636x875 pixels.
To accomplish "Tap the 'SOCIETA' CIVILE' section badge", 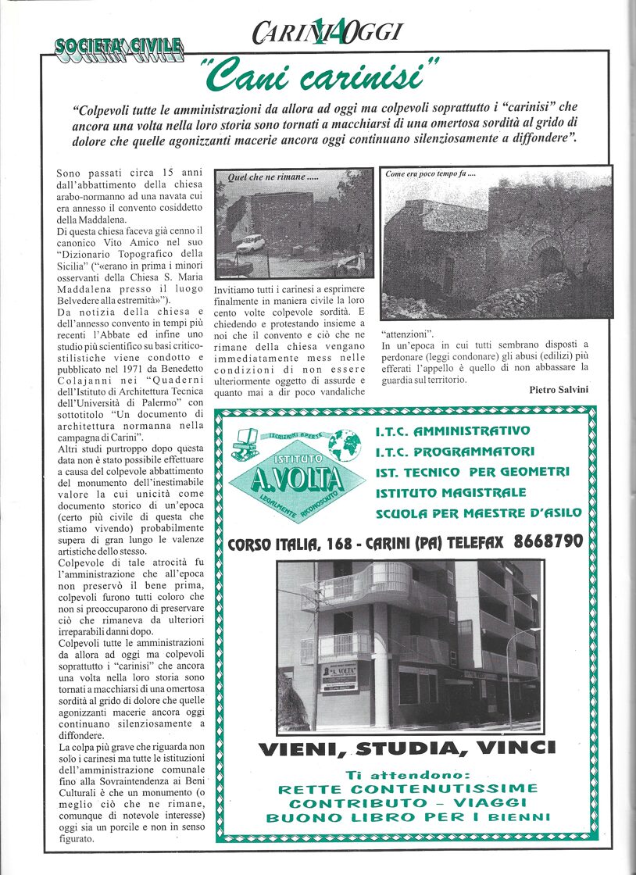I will pyautogui.click(x=118, y=48).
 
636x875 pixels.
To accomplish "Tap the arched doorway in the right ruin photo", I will pyautogui.click(x=550, y=262).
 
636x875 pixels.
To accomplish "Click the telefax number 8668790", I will pyautogui.click(x=548, y=541).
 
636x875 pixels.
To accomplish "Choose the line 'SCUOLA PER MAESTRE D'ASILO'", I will pyautogui.click(x=478, y=513).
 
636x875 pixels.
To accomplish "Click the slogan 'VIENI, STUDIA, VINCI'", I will pyautogui.click(x=407, y=748).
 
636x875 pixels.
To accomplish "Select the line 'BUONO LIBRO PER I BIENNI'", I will pyautogui.click(x=407, y=818).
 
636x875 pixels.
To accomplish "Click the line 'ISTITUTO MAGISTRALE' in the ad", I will pyautogui.click(x=451, y=493).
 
